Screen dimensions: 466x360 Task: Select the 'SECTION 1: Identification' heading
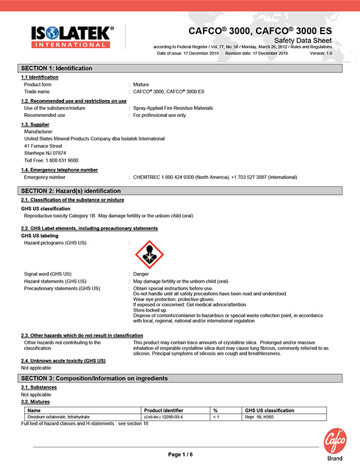pyautogui.click(x=57, y=68)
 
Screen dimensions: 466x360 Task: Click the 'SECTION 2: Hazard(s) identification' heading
pyautogui.click(x=71, y=191)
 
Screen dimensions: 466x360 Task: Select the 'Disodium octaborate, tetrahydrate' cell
pyautogui.click(x=58, y=417)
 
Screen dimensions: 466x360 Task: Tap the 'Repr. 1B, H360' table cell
pyautogui.click(x=259, y=417)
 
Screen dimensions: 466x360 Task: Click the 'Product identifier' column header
pyautogui.click(x=164, y=410)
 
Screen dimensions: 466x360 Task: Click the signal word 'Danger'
pyautogui.click(x=141, y=274)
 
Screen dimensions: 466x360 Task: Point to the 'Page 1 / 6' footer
pyautogui.click(x=180, y=454)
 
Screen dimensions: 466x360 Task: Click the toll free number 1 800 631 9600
pyautogui.click(x=51, y=160)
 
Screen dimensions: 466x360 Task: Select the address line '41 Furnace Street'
pyautogui.click(x=43, y=146)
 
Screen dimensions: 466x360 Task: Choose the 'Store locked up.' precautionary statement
pyautogui.click(x=151, y=310)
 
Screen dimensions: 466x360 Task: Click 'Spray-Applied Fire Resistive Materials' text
pyautogui.click(x=173, y=108)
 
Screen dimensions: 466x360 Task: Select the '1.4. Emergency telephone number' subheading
pyautogui.click(x=59, y=170)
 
